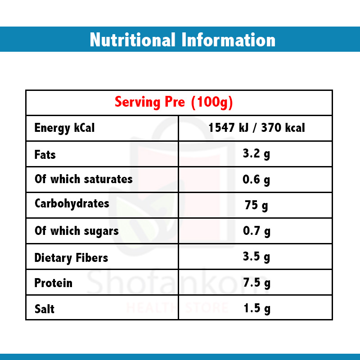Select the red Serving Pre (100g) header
click(x=174, y=102)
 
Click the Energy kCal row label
click(x=64, y=128)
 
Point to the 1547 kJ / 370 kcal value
click(x=256, y=128)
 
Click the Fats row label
click(x=45, y=155)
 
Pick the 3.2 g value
click(x=256, y=154)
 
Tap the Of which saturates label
click(x=83, y=179)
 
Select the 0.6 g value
click(x=256, y=180)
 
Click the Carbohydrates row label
click(x=72, y=203)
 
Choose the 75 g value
click(x=256, y=206)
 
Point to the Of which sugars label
click(x=76, y=231)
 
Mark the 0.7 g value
click(x=256, y=231)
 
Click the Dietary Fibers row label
click(x=71, y=258)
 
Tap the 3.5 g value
click(x=256, y=257)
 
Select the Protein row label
click(x=53, y=283)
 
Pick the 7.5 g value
click(x=256, y=283)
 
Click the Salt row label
click(x=45, y=309)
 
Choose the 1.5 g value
click(x=256, y=308)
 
